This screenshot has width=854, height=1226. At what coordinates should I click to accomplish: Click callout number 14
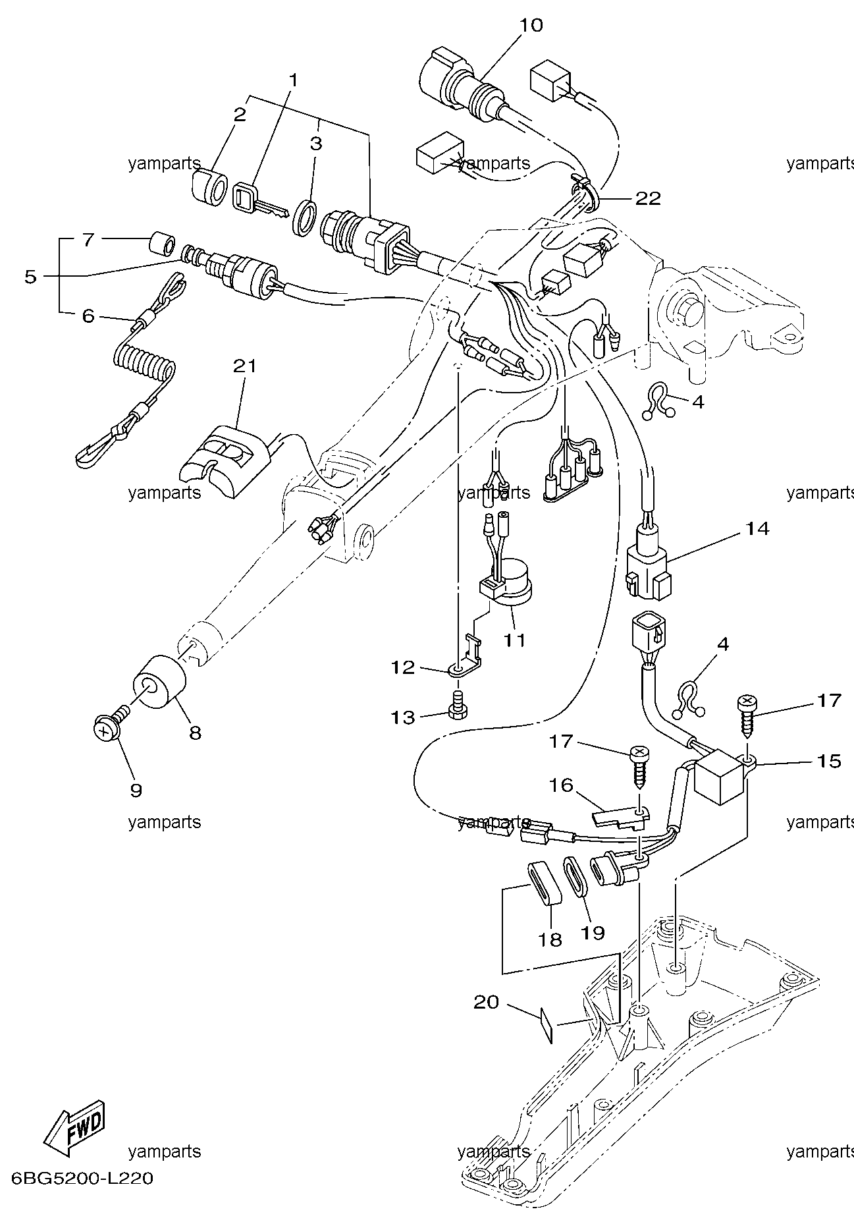coord(757,528)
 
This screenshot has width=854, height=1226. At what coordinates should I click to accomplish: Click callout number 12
coord(402,668)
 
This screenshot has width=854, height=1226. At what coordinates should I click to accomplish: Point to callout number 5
coord(30,277)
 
